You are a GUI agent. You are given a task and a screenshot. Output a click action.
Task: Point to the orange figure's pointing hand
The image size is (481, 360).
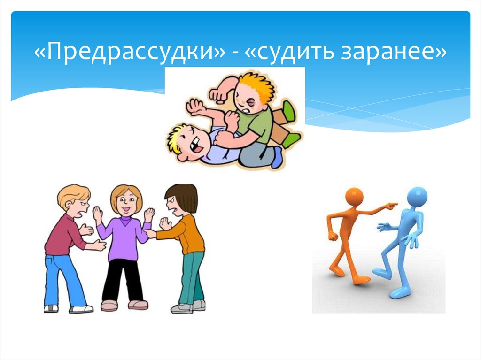tap(391, 205)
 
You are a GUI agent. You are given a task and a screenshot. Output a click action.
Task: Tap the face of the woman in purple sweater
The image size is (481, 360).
tap(125, 203)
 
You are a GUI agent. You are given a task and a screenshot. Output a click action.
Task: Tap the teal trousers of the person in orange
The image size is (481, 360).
tap(191, 277)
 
